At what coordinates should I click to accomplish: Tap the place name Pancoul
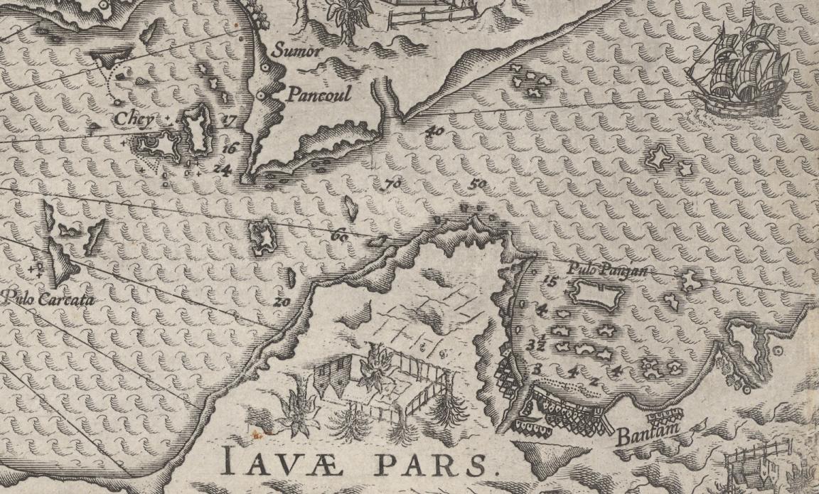[319, 95]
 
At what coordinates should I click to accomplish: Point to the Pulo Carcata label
[47, 300]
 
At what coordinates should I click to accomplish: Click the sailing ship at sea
[739, 68]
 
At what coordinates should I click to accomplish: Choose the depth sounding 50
[478, 185]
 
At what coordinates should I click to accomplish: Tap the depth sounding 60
[339, 235]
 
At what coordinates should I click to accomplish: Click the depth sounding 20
[282, 301]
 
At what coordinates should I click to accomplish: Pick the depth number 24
[222, 169]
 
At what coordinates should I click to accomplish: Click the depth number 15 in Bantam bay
[548, 281]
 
